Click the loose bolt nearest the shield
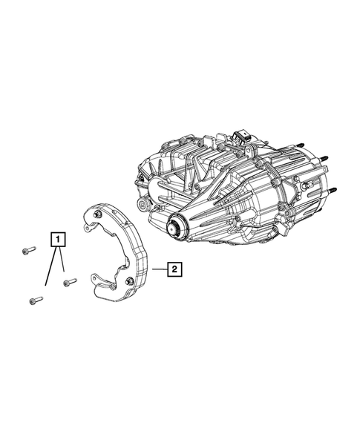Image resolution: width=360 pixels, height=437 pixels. (70, 282)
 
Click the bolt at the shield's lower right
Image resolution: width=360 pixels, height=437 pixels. (131, 280)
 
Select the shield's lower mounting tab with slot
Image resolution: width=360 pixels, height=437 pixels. (99, 280)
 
